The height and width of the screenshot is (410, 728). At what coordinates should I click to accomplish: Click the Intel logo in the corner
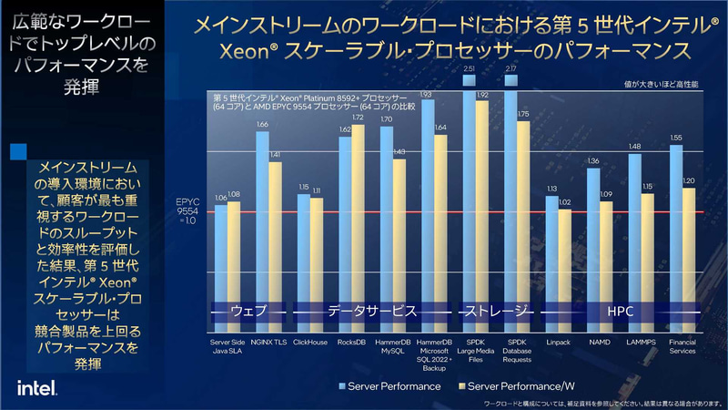(35, 388)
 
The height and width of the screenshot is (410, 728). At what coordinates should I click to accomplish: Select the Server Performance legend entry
(390, 386)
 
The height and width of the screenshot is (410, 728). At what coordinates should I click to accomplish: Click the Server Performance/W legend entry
(528, 386)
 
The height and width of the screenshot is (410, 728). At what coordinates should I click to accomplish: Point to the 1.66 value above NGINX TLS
(262, 125)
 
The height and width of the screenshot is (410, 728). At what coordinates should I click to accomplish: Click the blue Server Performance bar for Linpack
(551, 264)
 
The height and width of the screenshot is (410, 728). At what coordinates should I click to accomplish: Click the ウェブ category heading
(248, 312)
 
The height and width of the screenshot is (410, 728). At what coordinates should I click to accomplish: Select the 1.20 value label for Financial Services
(689, 181)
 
